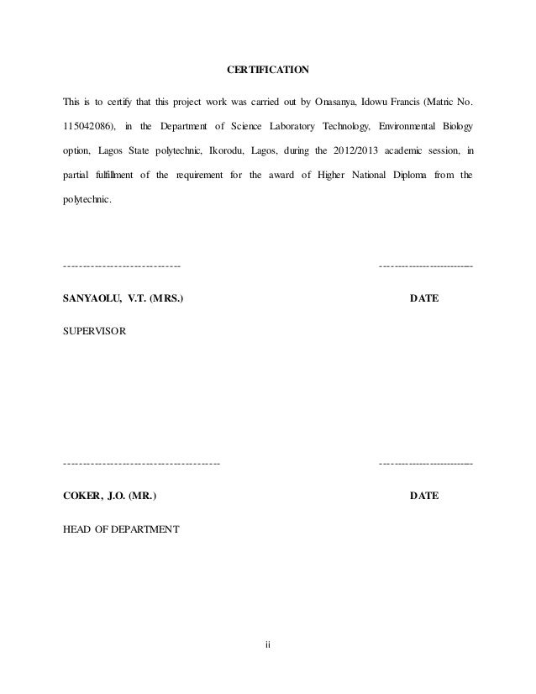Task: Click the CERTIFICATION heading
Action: pos(268,68)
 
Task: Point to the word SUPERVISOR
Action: pos(95,332)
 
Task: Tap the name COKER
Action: pos(82,497)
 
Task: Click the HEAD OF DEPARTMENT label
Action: pos(120,529)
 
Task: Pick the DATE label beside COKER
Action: pos(423,497)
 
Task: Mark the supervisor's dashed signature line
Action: pos(123,266)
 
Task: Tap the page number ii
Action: pos(268,645)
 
